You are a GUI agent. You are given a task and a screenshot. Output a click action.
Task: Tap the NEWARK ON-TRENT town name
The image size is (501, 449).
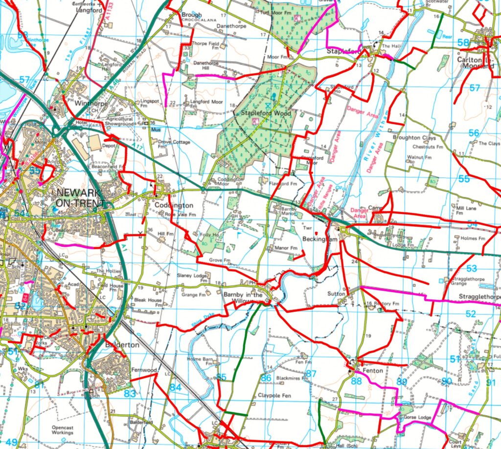tap(80, 197)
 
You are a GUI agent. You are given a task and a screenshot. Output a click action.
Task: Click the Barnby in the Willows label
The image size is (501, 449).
tap(243, 298)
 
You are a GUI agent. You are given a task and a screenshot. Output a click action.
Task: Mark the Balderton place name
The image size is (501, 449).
tap(121, 344)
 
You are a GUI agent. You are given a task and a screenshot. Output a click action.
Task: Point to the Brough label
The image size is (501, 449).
tap(192, 15)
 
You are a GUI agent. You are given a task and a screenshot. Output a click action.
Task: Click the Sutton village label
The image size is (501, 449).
tap(337, 295)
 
